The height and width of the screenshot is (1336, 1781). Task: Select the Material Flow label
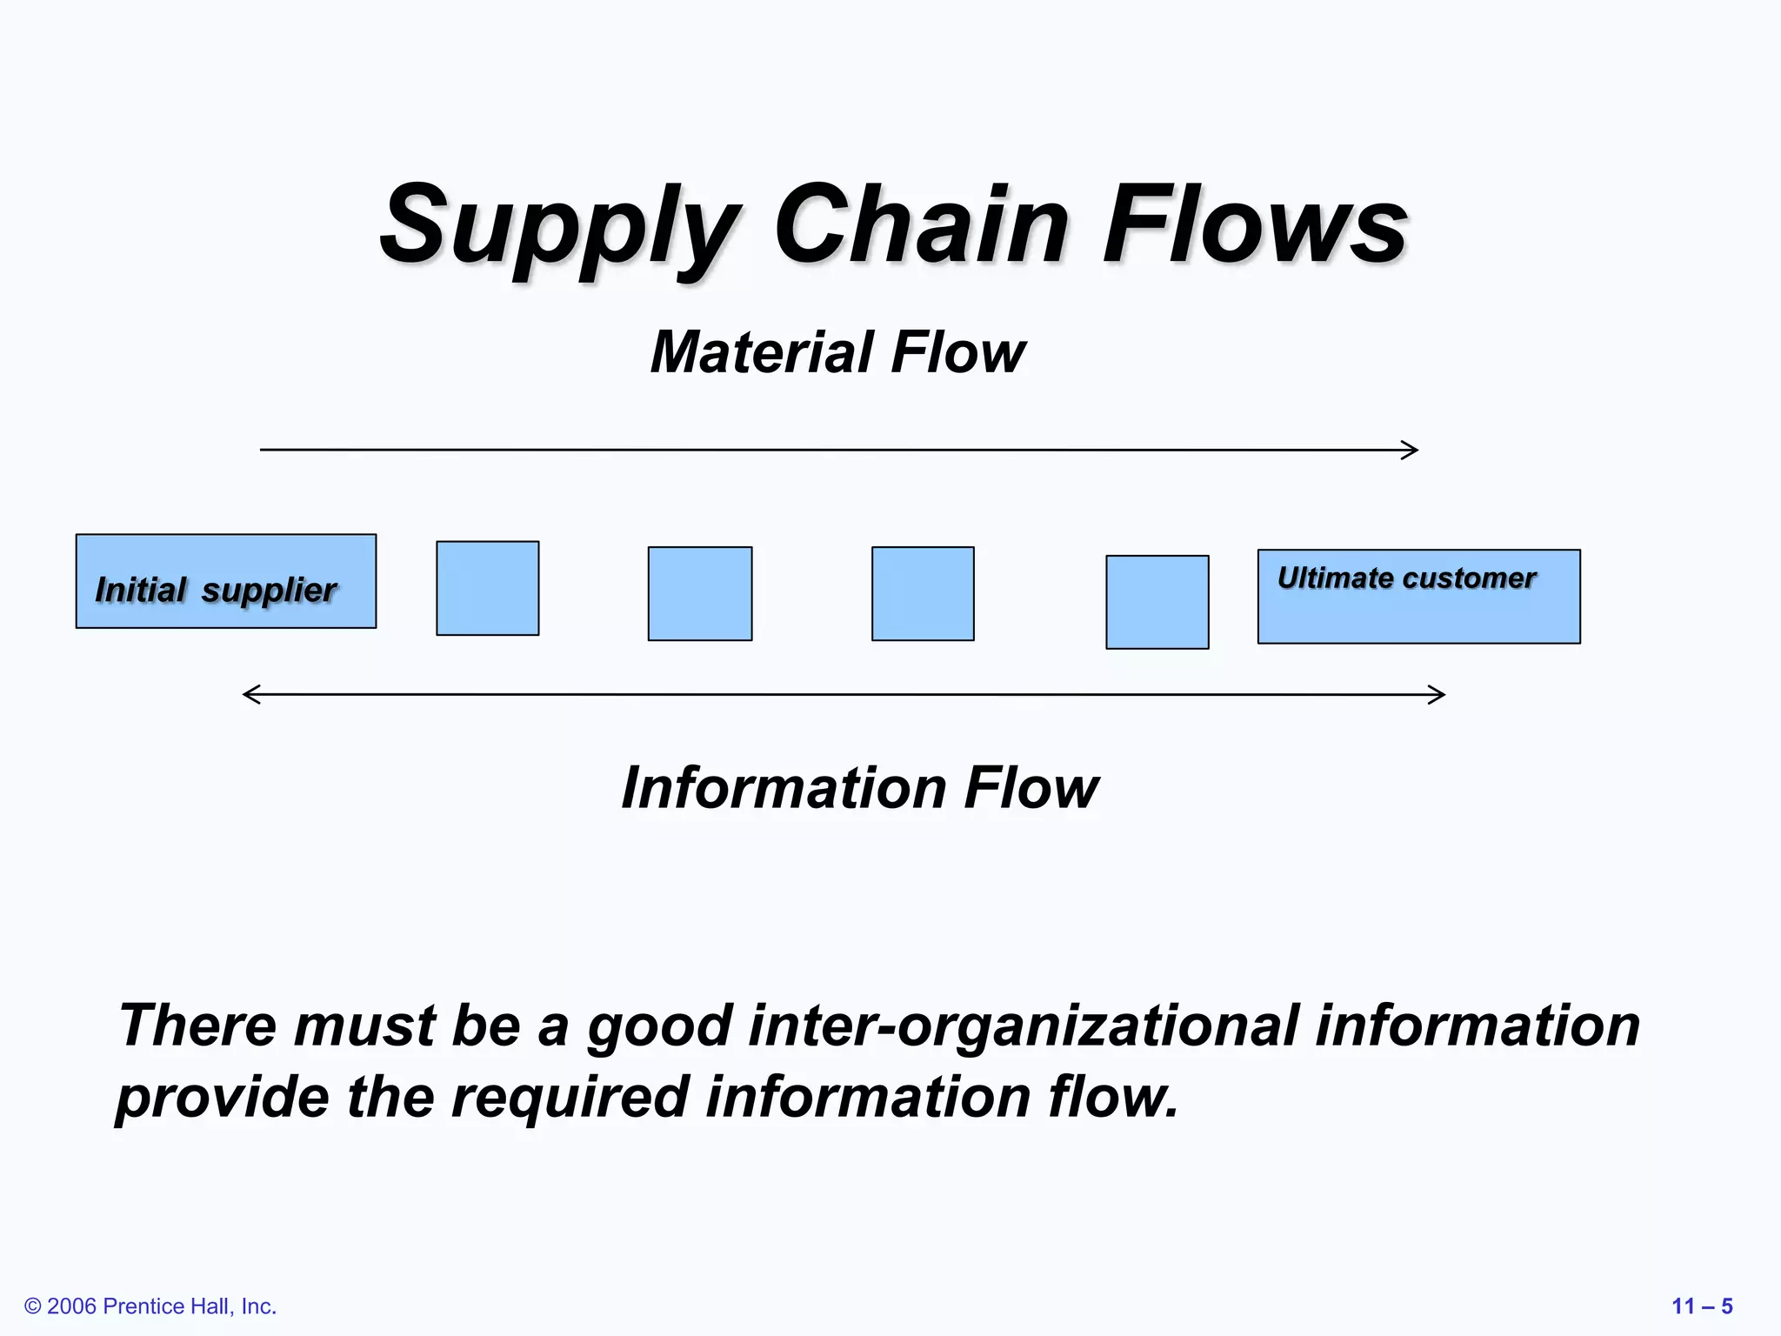click(x=837, y=352)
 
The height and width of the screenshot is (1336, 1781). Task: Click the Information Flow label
click(x=860, y=788)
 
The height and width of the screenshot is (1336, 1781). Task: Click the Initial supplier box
click(x=226, y=581)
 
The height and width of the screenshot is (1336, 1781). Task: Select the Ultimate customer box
click(x=1418, y=598)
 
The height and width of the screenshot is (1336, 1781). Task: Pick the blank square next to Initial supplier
click(x=487, y=589)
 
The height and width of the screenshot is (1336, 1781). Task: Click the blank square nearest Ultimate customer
click(x=1157, y=602)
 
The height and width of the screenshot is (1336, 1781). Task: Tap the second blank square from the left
click(x=699, y=594)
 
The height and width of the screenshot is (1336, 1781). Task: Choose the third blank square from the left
click(x=923, y=594)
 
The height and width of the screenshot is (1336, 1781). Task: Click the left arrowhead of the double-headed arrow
click(x=250, y=694)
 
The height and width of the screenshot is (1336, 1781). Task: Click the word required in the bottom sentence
click(x=570, y=1098)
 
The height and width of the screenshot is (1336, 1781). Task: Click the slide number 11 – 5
click(x=1702, y=1306)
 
